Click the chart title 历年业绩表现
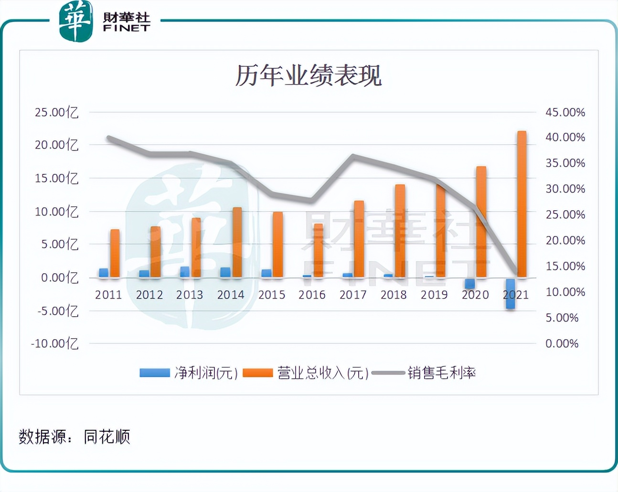(x=308, y=75)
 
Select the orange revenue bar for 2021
(x=522, y=204)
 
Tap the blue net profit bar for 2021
(x=510, y=293)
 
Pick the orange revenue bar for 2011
(x=115, y=253)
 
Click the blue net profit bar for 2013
(x=185, y=272)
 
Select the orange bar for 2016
(x=318, y=250)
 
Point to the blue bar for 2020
(x=469, y=283)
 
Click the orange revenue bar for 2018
(x=400, y=231)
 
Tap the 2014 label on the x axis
(x=231, y=295)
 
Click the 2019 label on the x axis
(x=434, y=295)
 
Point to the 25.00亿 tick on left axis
(x=56, y=112)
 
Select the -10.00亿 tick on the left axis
(x=54, y=343)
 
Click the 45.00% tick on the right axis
(x=565, y=112)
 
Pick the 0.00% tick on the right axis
(x=562, y=343)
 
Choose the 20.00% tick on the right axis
(x=565, y=240)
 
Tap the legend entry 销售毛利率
(x=441, y=373)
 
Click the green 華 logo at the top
(x=75, y=21)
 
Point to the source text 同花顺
(x=107, y=437)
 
